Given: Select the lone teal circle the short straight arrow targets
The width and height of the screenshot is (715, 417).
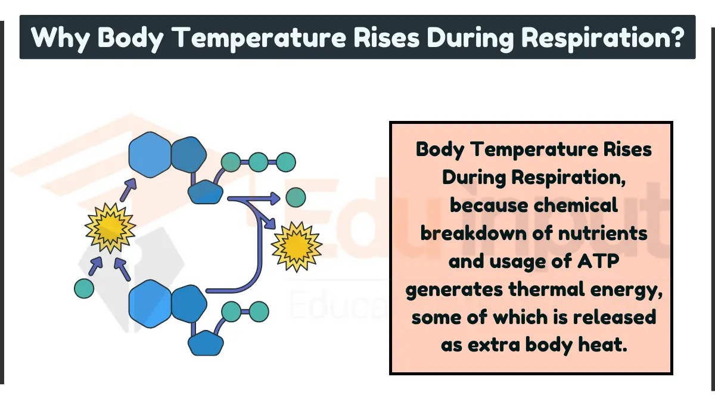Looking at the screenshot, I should [296, 197].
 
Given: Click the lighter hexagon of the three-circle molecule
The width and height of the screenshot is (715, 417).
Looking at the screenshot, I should [150, 155].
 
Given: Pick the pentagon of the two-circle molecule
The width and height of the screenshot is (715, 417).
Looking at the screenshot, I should [206, 344].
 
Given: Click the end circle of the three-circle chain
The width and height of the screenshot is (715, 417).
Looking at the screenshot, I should [286, 161].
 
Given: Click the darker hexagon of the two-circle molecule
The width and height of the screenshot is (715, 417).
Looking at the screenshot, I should [189, 303].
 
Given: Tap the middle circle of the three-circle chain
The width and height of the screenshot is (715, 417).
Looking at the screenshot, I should [259, 161].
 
